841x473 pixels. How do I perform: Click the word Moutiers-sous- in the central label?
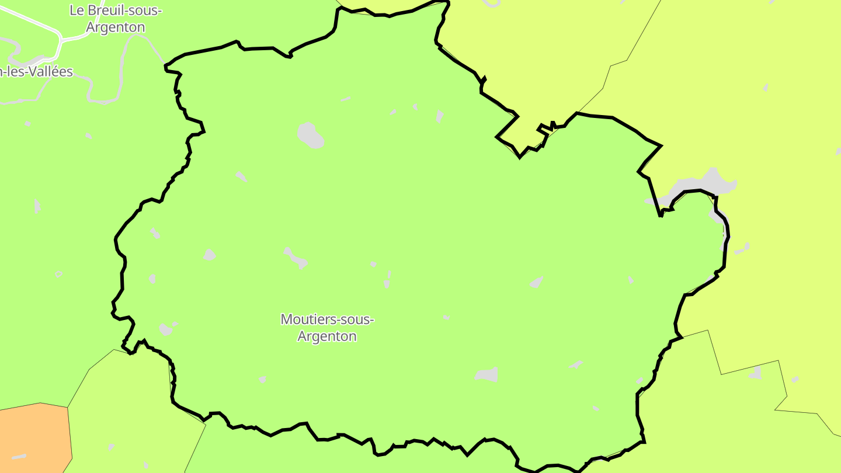327,319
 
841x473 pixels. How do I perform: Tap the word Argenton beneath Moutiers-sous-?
327,336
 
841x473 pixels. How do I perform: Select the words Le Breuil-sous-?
116,10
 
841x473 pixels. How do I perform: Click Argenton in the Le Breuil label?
116,27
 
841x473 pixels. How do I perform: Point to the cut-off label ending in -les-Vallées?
36,72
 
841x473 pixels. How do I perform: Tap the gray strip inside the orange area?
19,456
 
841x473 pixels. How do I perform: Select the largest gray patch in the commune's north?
311,135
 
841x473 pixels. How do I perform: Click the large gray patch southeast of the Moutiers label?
486,374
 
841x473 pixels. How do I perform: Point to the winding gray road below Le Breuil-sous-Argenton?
123,64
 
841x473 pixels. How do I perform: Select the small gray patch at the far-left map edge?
37,206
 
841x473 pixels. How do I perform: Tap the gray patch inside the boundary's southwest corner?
166,329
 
